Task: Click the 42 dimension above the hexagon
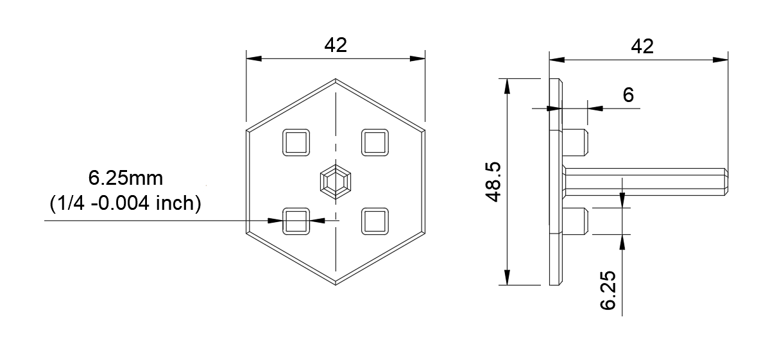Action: (x=336, y=45)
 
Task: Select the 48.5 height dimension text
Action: (x=493, y=182)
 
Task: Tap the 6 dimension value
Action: (x=628, y=95)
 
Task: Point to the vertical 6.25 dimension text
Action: (x=608, y=289)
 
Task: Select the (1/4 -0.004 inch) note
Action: (x=126, y=203)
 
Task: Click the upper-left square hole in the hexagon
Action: (x=296, y=142)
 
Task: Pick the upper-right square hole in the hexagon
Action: (x=375, y=142)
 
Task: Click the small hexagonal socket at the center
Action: (x=336, y=182)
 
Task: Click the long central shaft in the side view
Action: (x=642, y=182)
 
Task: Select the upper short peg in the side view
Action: (x=576, y=142)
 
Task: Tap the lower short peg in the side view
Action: (x=576, y=221)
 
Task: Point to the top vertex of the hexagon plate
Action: (x=336, y=80)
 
